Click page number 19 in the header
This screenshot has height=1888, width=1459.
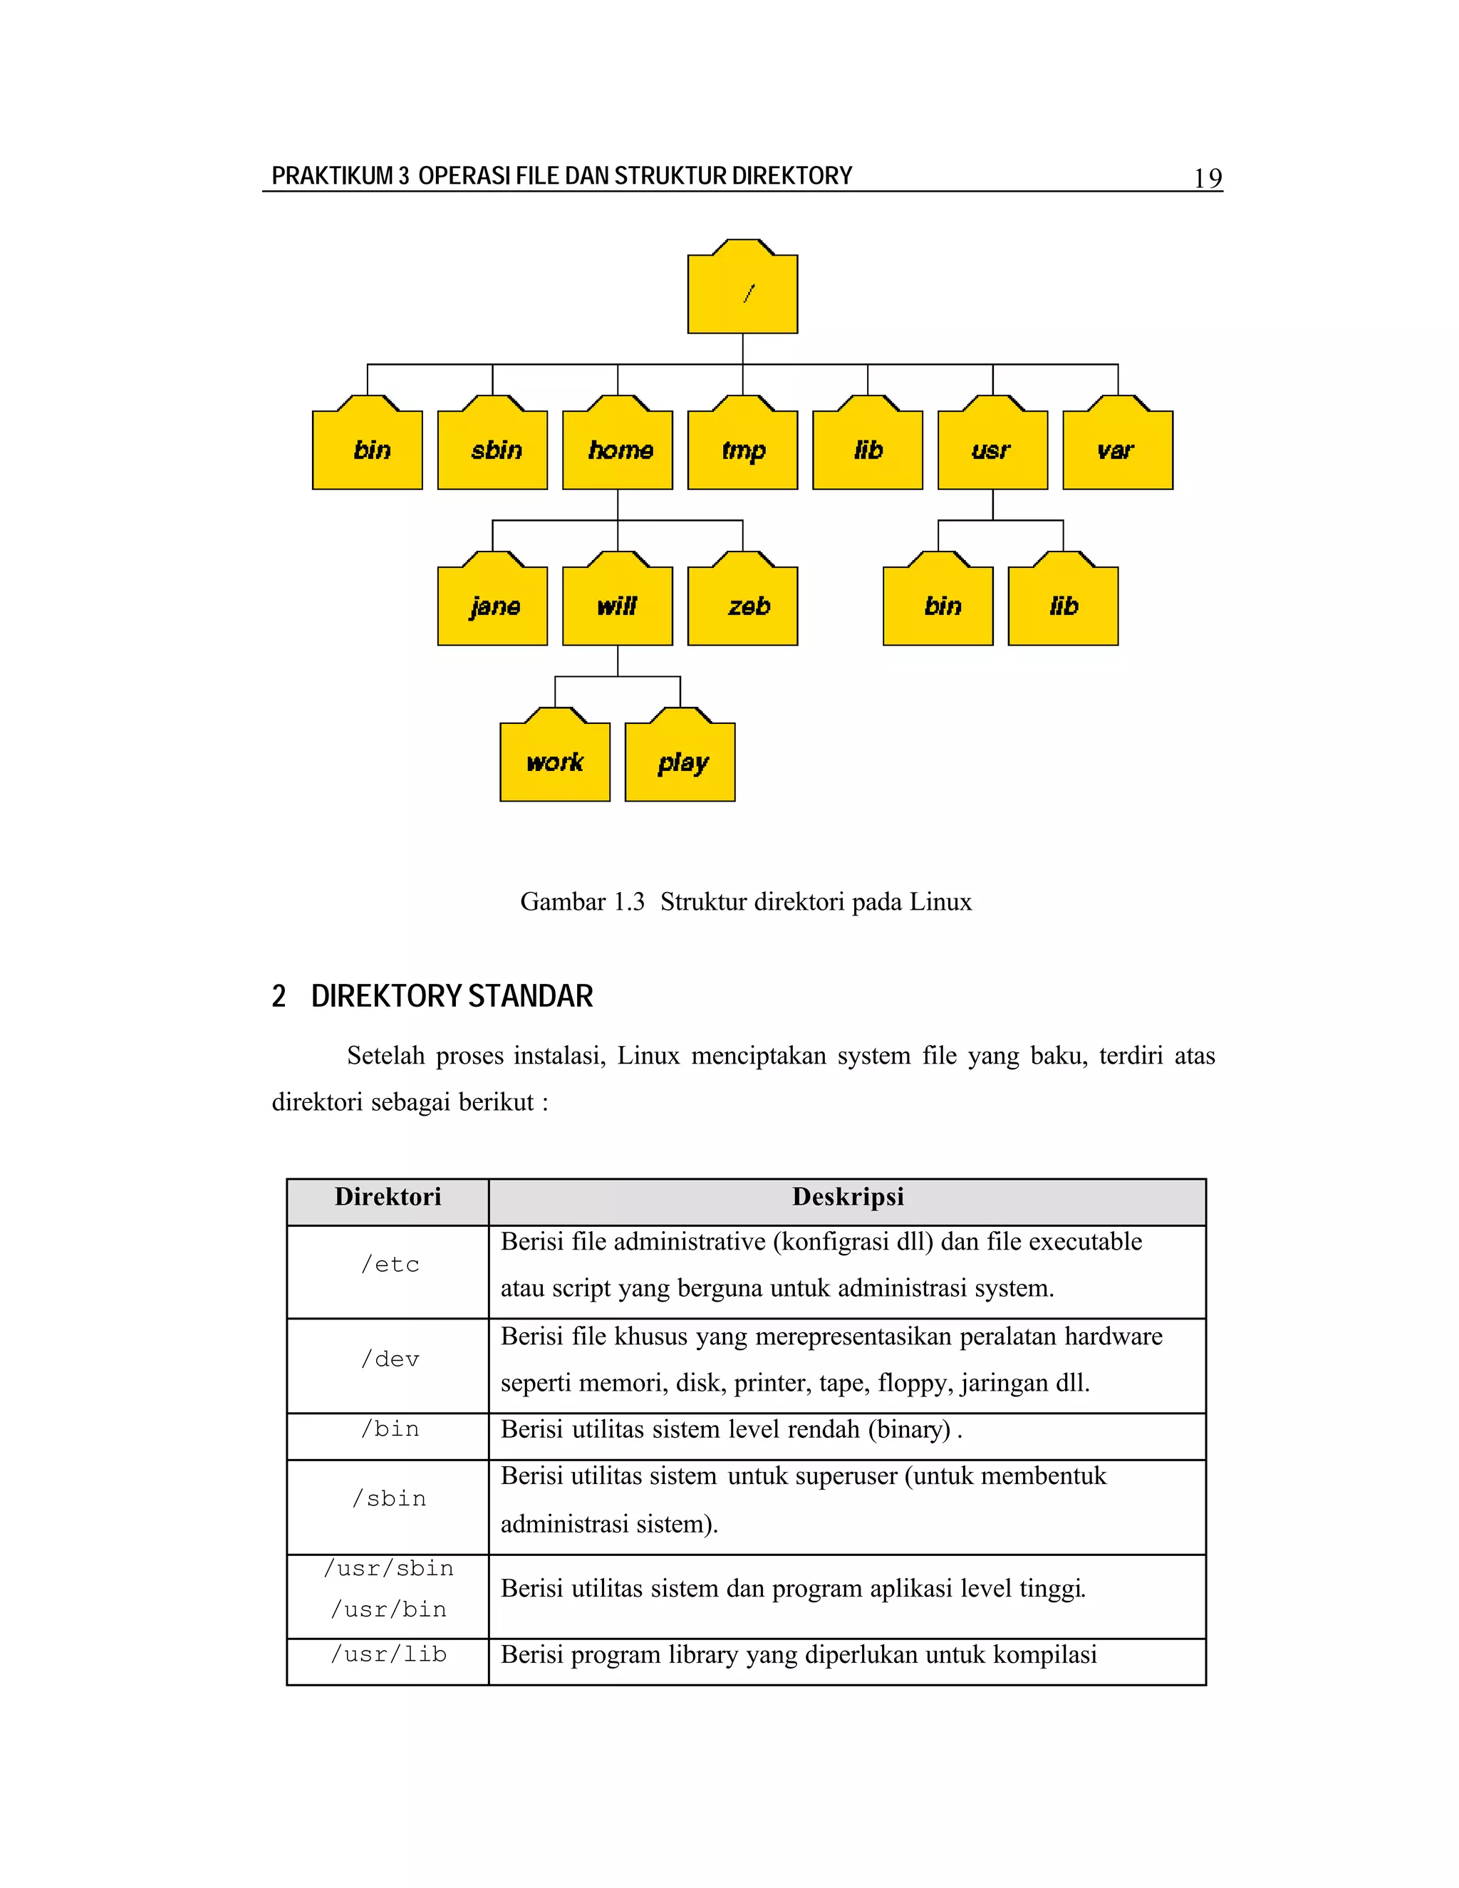[1208, 178]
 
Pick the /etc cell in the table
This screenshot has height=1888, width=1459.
[390, 1265]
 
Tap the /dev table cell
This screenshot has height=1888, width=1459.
[390, 1359]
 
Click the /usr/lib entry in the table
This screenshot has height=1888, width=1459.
[389, 1654]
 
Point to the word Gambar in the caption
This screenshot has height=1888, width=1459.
[563, 902]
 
